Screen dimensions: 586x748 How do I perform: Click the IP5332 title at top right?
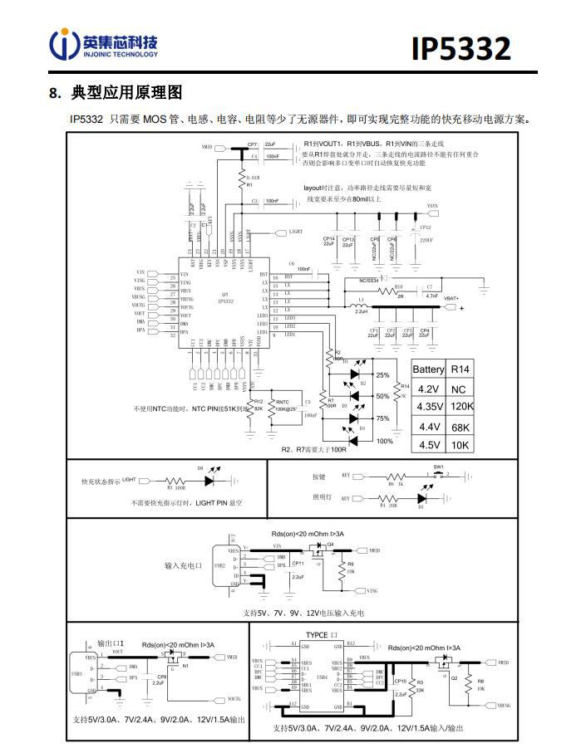pos(460,47)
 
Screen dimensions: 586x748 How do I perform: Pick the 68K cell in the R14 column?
pos(460,426)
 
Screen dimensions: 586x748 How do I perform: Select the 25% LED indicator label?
pos(383,375)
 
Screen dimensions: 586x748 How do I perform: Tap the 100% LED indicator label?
pos(384,441)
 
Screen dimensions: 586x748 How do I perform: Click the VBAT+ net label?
pos(453,297)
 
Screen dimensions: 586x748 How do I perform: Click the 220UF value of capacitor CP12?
pos(426,239)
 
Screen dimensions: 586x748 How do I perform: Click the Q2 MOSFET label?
pos(454,678)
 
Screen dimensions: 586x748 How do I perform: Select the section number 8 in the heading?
pos(55,91)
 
